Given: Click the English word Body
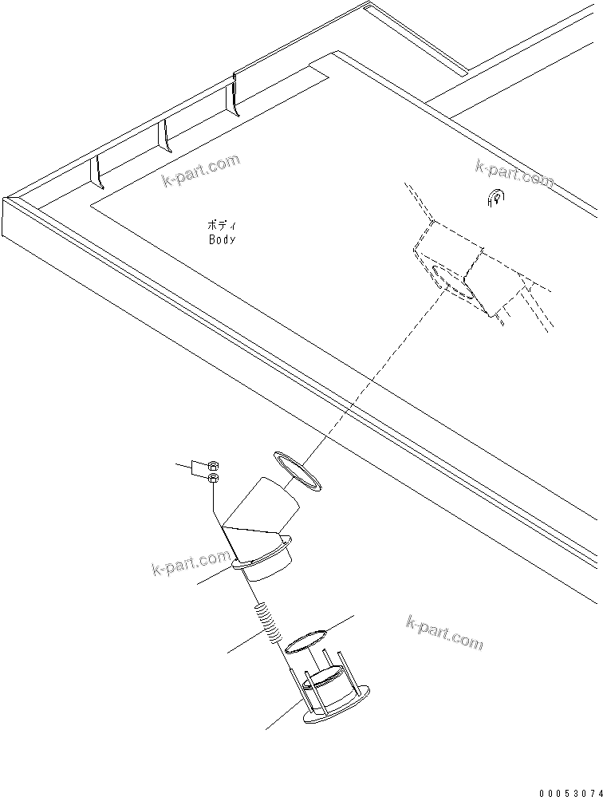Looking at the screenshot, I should click(x=222, y=239).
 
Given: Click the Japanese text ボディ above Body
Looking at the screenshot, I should click(x=222, y=226).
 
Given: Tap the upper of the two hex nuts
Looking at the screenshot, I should click(x=213, y=466).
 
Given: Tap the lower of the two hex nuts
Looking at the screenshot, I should click(x=213, y=478).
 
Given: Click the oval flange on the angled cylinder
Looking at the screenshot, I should click(x=263, y=555).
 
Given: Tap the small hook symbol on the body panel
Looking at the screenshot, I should click(x=494, y=199).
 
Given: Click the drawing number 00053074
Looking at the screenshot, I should click(x=568, y=791).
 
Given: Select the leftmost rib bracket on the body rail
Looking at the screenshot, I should click(x=96, y=172).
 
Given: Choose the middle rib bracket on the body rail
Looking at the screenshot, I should click(x=165, y=135).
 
